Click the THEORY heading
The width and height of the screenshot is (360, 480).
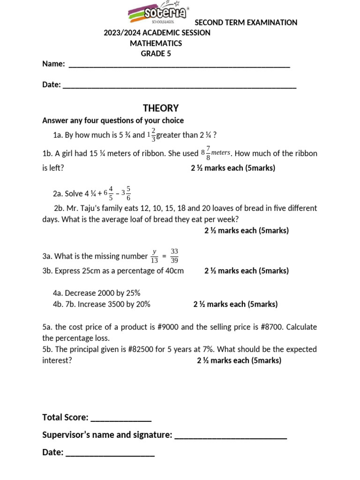[x=161, y=108]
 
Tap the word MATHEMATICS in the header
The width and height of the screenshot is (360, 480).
[x=156, y=43]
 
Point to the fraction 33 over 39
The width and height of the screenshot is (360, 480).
[x=174, y=256]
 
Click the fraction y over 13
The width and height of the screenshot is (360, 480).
[x=154, y=256]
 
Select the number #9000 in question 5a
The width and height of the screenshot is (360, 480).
[x=187, y=327]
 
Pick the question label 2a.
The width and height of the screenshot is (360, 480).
[x=58, y=194]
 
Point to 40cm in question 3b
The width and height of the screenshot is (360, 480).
[x=174, y=271]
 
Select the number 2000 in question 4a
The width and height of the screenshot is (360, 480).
[x=106, y=293]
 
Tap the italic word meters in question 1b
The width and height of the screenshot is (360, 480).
[x=221, y=152]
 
